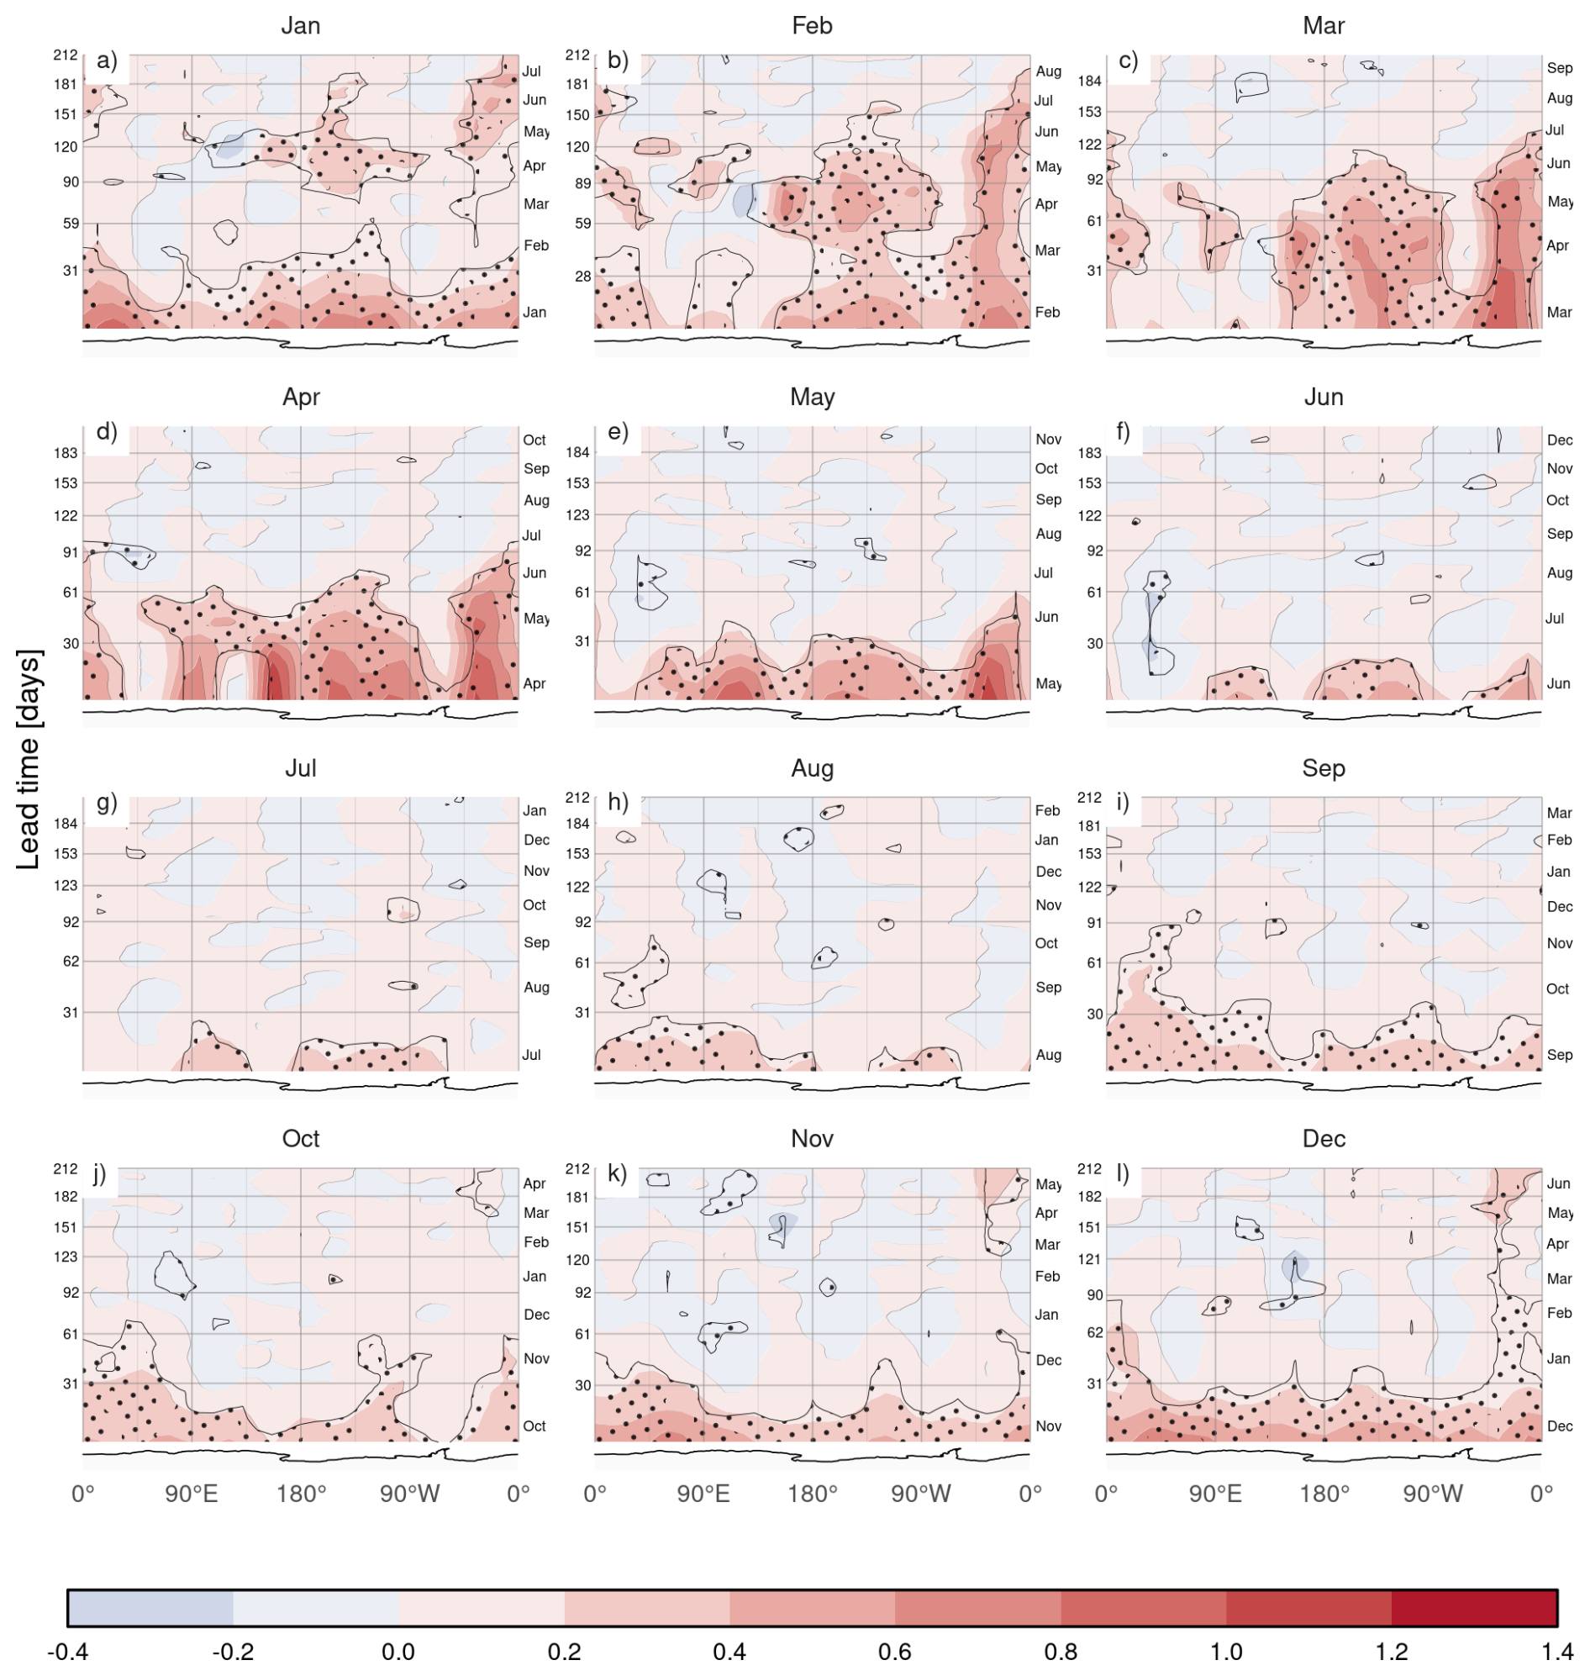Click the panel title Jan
[x=300, y=25]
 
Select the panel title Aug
[x=811, y=768]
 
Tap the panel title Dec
[x=1323, y=1139]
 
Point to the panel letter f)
[x=1124, y=432]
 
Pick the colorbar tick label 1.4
[x=1556, y=1652]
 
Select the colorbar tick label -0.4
[x=67, y=1652]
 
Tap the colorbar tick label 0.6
[x=894, y=1652]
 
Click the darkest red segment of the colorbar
[x=1474, y=1608]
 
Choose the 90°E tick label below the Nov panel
[x=703, y=1494]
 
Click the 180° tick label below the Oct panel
[x=301, y=1494]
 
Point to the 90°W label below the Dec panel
[x=1432, y=1494]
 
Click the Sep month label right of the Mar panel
[x=1560, y=68]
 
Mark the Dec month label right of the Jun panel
[x=1560, y=440]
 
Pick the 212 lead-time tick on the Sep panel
[x=1089, y=798]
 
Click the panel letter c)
[x=1128, y=61]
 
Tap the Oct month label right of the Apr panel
[x=534, y=440]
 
